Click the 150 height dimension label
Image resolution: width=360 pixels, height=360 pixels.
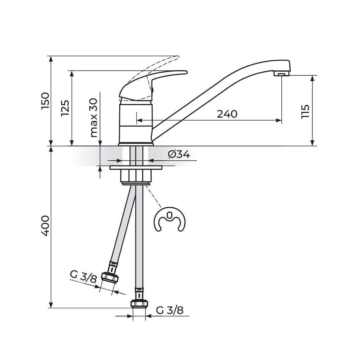pos(45,101)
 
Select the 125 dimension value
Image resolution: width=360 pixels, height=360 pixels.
pos(65,108)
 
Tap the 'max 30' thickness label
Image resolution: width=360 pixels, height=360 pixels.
pos(94,118)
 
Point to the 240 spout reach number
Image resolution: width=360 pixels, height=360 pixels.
pos(227,114)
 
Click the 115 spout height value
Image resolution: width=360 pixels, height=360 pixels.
pos(305,112)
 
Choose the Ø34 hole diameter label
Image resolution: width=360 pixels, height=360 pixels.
pos(179,154)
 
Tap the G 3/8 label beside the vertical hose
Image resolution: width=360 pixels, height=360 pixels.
pos(170,311)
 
